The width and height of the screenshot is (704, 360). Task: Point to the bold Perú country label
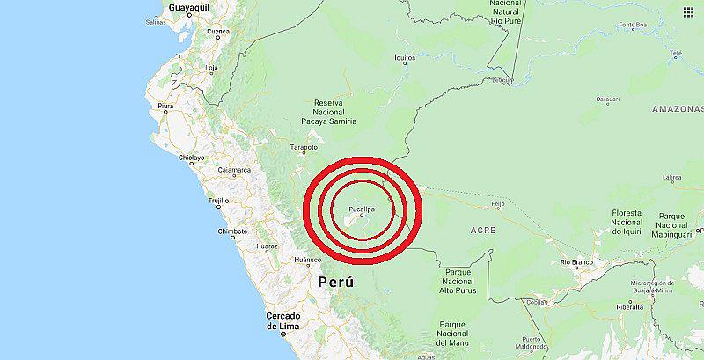336,283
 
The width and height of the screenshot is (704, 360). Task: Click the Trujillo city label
218,201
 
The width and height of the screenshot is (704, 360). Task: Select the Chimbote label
233,231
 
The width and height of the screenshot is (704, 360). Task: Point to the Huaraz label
267,246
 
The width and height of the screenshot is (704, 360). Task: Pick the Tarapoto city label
304,147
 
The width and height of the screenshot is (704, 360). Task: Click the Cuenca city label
218,33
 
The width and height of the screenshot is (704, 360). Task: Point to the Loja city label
211,67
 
